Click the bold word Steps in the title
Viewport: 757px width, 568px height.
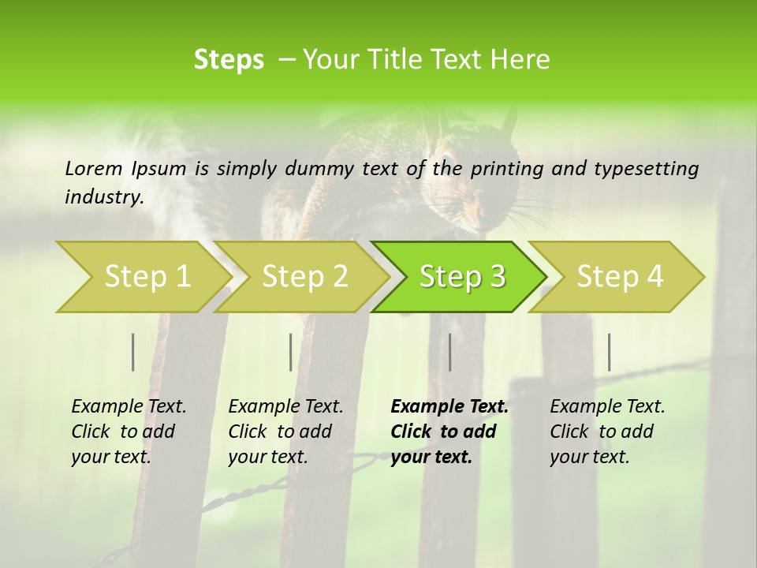(229, 60)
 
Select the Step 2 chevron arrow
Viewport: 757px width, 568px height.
(304, 276)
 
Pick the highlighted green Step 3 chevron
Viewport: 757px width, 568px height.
(461, 276)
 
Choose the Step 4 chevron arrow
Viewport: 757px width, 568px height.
(619, 276)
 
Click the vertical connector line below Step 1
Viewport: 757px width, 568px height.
(133, 352)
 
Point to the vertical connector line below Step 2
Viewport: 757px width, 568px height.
(291, 352)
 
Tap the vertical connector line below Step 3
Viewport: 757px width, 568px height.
(450, 352)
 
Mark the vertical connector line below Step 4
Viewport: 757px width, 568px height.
(610, 352)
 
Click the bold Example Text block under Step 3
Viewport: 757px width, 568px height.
(449, 432)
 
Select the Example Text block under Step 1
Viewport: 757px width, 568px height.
(129, 432)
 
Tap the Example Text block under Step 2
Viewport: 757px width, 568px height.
(285, 432)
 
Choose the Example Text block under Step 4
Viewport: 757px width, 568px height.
(607, 432)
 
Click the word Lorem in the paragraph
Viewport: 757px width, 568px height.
(93, 168)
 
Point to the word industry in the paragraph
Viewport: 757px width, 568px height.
(103, 197)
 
